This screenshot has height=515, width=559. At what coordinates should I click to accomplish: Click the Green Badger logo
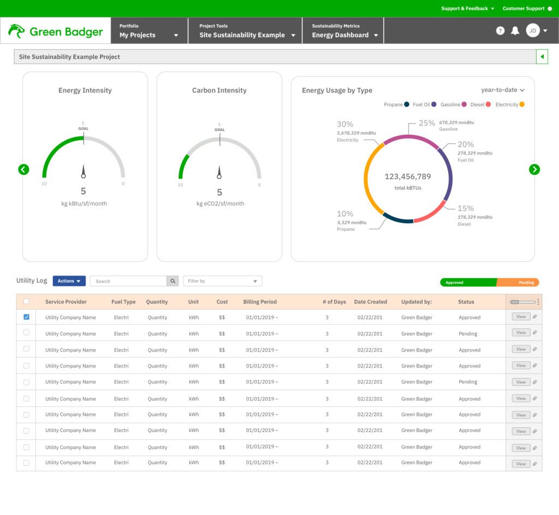[x=56, y=31]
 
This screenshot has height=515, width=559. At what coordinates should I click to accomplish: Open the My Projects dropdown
[x=149, y=35]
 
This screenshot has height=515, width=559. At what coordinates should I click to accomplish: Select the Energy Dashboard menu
[x=345, y=35]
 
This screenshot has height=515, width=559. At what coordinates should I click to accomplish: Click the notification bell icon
[x=515, y=31]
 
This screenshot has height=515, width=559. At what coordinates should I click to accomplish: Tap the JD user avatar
[x=532, y=31]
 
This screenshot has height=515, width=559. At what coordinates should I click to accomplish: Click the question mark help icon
[x=500, y=31]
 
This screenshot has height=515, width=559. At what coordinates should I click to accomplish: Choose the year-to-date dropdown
[x=502, y=90]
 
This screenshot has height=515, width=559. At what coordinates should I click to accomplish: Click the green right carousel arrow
[x=534, y=170]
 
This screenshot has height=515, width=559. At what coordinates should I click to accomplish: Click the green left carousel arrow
[x=23, y=170]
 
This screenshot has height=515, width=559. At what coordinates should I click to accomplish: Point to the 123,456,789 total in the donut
[x=408, y=177]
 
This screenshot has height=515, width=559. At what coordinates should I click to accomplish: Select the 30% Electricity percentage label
[x=345, y=124]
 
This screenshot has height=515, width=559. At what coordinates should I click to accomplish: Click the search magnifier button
[x=173, y=281]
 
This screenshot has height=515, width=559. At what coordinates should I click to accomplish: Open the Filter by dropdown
[x=222, y=281]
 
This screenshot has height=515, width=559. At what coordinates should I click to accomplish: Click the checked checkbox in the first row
[x=26, y=317]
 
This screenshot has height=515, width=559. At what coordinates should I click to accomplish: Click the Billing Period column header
[x=260, y=302]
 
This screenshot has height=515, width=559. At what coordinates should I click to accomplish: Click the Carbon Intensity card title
[x=219, y=91]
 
